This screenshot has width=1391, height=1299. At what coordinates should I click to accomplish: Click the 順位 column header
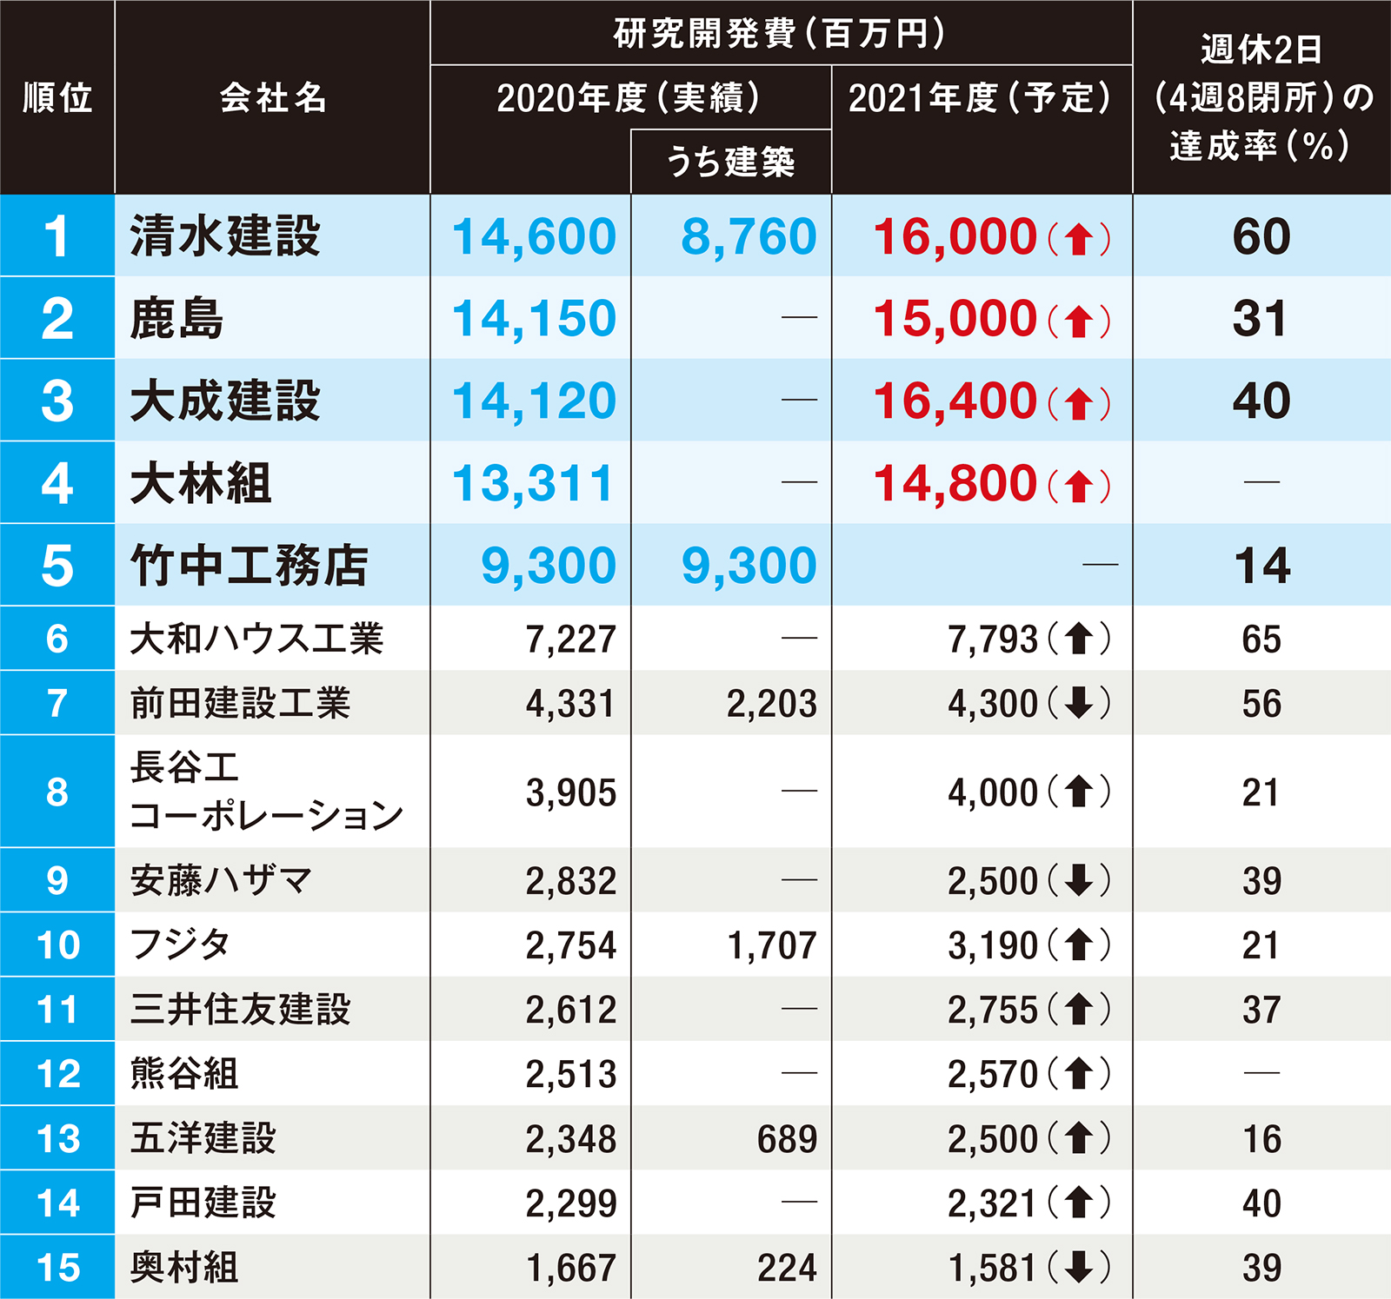[x=57, y=97]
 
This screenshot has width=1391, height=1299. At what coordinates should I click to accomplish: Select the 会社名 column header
[x=273, y=97]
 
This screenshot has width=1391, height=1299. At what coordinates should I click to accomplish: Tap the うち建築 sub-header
[x=730, y=162]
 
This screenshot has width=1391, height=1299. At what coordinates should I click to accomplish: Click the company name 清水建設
[x=225, y=236]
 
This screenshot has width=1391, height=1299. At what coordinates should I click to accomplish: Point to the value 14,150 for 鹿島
[x=534, y=318]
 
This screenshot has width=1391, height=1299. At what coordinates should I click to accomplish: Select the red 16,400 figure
[x=955, y=401]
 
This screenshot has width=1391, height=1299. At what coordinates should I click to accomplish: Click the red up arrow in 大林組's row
[x=1079, y=485]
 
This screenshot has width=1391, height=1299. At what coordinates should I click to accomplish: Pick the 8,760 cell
[x=749, y=236]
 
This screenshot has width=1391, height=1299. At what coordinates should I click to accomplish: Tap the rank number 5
[x=57, y=565]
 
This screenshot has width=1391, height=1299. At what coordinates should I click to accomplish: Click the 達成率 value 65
[x=1261, y=640]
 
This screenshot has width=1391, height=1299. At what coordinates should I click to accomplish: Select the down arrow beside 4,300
[x=1079, y=703]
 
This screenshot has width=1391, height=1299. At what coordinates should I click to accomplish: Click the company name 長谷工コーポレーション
[x=266, y=791]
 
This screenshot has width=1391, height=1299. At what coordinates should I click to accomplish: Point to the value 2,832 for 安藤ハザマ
[x=570, y=881]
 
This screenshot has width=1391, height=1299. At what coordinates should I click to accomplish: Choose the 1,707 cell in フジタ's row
[x=772, y=945]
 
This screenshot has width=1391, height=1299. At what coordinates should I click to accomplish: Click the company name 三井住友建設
[x=240, y=1009]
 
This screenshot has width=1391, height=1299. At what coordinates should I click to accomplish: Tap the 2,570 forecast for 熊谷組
[x=993, y=1074]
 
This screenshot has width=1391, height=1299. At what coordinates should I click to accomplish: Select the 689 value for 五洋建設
[x=787, y=1138]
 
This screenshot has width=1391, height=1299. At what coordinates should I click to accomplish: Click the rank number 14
[x=57, y=1203]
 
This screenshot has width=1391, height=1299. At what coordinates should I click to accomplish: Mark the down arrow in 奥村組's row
[x=1079, y=1267]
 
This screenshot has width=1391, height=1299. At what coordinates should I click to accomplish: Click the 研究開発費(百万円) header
[x=780, y=34]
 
